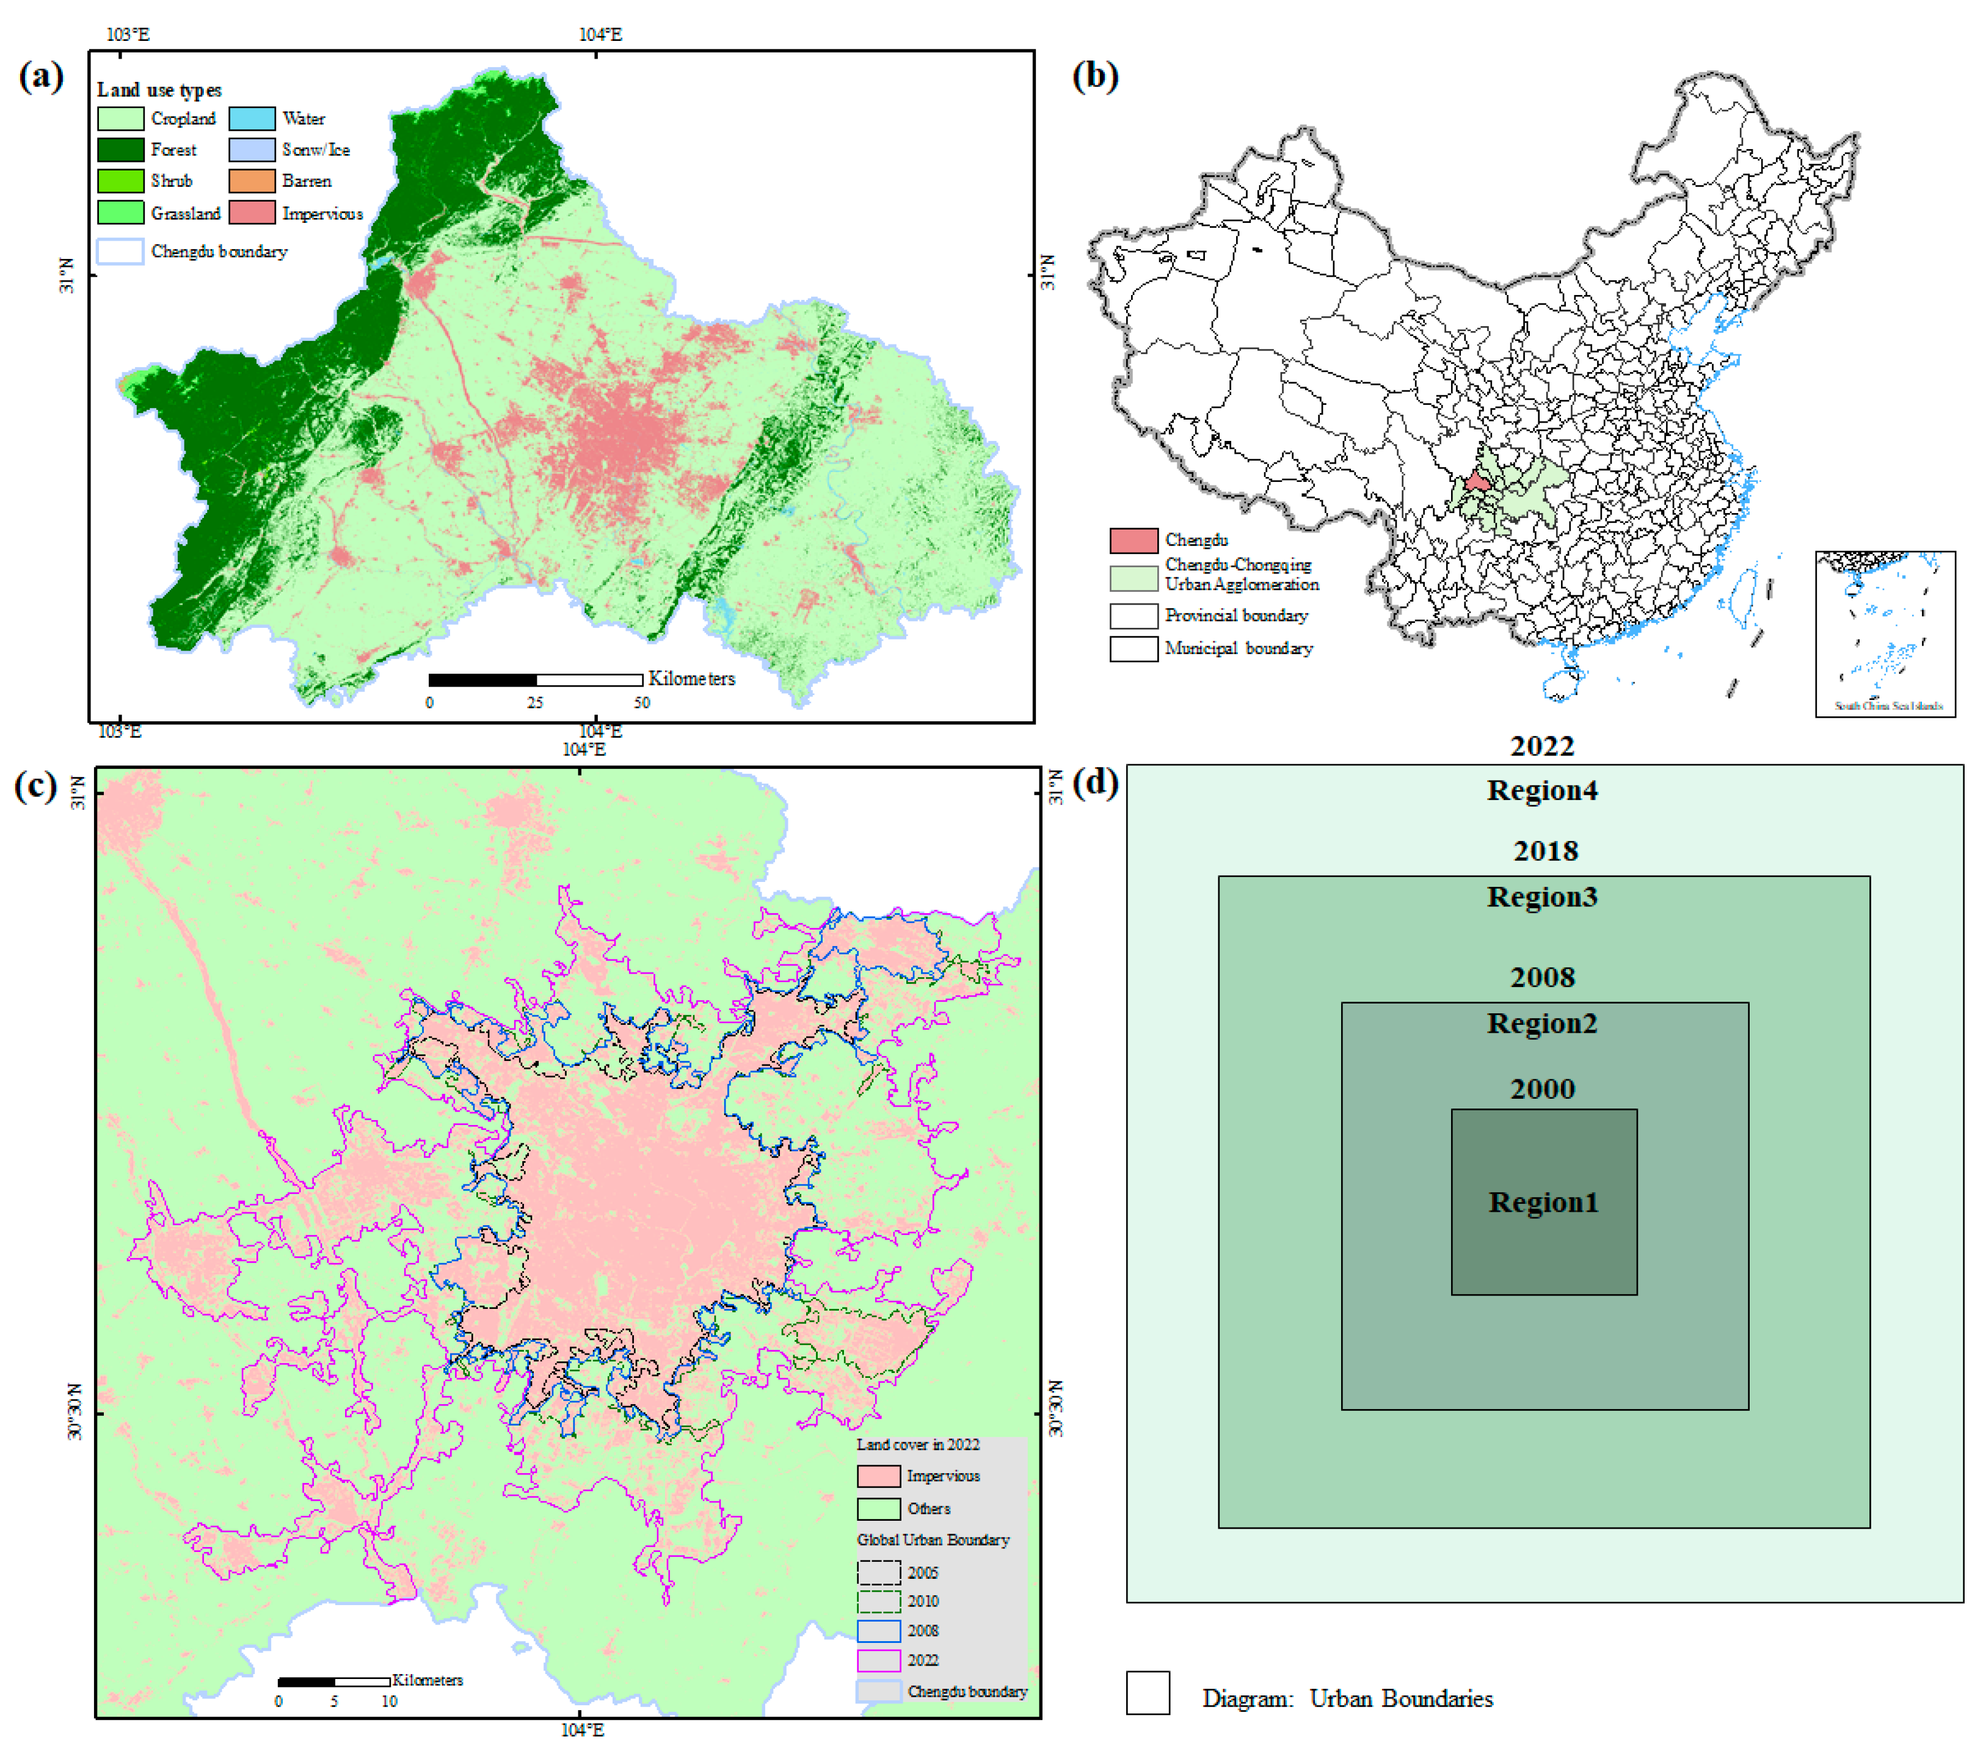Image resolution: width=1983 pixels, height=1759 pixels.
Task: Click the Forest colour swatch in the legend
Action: (120, 150)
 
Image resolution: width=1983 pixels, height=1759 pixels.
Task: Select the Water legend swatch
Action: (251, 118)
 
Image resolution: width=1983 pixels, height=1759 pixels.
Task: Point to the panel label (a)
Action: (41, 76)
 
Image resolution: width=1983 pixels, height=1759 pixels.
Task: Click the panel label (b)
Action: (1094, 76)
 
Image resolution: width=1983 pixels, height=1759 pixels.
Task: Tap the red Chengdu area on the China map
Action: (1477, 481)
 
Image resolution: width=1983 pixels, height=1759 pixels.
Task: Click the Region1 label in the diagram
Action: (1543, 1202)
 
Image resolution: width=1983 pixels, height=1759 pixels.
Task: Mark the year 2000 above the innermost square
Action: (1543, 1088)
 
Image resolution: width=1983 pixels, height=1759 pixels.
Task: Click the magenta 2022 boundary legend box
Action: (878, 1660)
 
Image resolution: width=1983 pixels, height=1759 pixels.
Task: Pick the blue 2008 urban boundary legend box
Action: (878, 1631)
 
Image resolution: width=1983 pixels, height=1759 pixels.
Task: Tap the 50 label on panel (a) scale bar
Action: (641, 702)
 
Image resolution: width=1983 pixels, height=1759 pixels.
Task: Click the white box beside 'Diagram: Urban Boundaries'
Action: (1148, 1693)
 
